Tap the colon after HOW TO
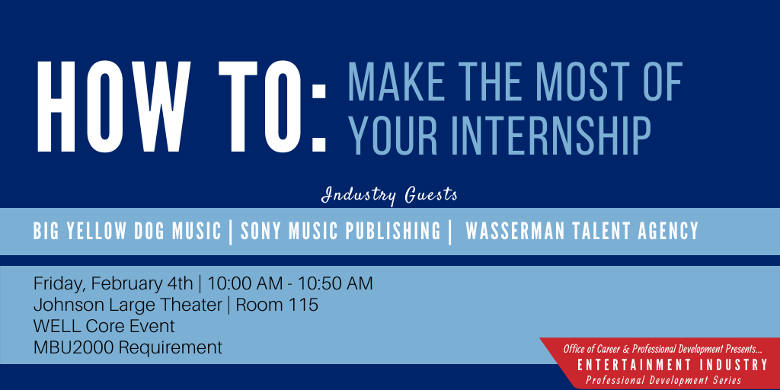pos(318,117)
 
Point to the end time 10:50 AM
pos(336,283)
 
